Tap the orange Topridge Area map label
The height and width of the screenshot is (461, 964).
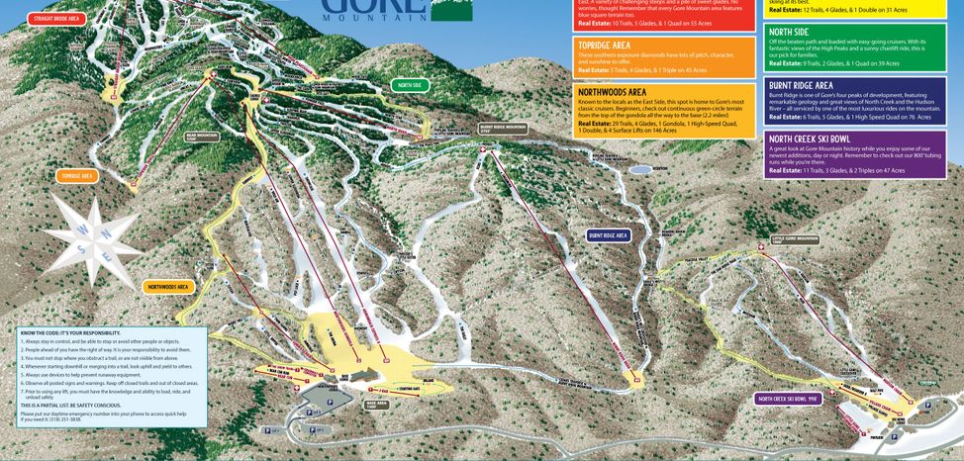(x=77, y=176)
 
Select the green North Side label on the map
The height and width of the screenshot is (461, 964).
(x=410, y=86)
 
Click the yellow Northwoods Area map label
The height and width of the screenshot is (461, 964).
(x=167, y=287)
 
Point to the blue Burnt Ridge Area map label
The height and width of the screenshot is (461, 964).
(x=609, y=235)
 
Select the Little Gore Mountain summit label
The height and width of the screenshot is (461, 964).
(x=795, y=239)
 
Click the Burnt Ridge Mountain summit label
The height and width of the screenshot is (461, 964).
(x=502, y=128)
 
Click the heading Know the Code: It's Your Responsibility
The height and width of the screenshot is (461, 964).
(x=70, y=333)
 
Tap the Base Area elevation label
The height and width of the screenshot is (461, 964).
(x=375, y=403)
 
